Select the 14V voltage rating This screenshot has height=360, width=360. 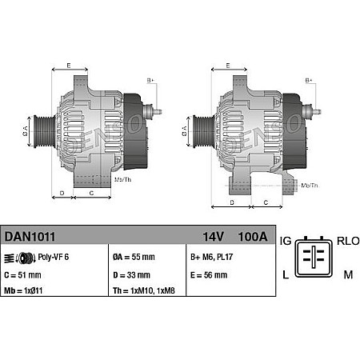pos(211,237)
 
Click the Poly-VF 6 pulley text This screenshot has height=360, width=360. pos(54,258)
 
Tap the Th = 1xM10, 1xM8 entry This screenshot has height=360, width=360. pos(143,291)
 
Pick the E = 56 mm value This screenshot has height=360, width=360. pos(210,274)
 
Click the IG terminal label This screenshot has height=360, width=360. pos(286,240)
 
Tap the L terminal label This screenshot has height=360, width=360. pos(284,275)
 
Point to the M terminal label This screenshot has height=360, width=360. pos(347,275)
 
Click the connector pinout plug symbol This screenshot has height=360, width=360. pos(315,258)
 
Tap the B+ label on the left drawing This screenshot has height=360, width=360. pos(150,81)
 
